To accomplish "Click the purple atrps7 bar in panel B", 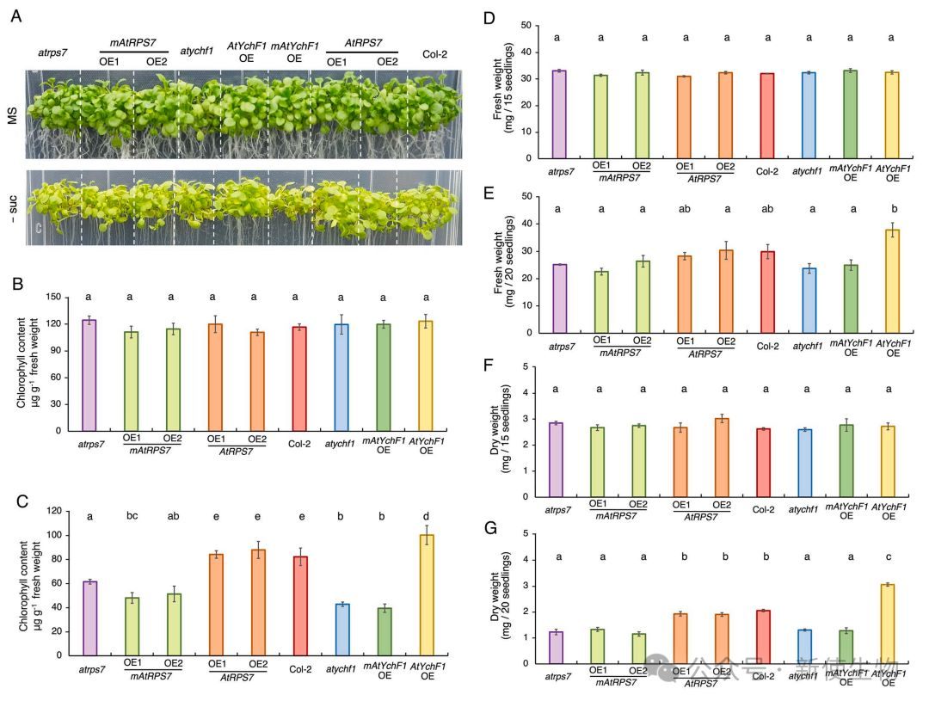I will coord(89,375).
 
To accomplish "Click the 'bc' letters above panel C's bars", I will coord(131,516).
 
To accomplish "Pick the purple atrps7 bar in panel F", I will coord(557,459).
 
